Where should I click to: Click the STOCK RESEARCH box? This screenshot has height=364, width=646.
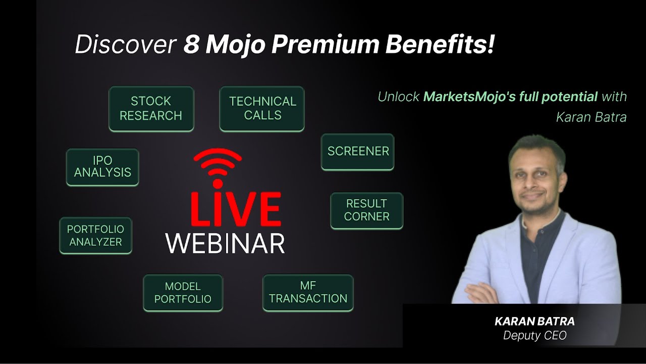pos(151,109)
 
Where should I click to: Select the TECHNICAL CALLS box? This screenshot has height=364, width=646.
pos(262,109)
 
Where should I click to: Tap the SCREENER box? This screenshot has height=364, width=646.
pos(357,152)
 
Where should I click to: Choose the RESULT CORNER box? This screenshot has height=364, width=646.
pos(366,210)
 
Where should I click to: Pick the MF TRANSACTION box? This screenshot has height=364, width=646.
pos(308,293)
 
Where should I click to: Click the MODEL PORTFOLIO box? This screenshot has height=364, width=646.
pos(183,293)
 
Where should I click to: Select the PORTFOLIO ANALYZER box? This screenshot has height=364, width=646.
pos(95,236)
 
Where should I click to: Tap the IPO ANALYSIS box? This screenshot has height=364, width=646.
pos(102,167)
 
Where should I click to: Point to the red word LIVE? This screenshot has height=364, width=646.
pos(236,209)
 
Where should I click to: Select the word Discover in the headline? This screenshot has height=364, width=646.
pos(125,45)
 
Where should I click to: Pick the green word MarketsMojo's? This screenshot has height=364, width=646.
pos(467,96)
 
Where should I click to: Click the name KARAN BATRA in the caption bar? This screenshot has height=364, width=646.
pos(534,322)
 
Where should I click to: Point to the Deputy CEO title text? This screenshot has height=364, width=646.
pos(534,335)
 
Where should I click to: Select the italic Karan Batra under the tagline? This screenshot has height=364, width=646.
pos(591,117)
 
